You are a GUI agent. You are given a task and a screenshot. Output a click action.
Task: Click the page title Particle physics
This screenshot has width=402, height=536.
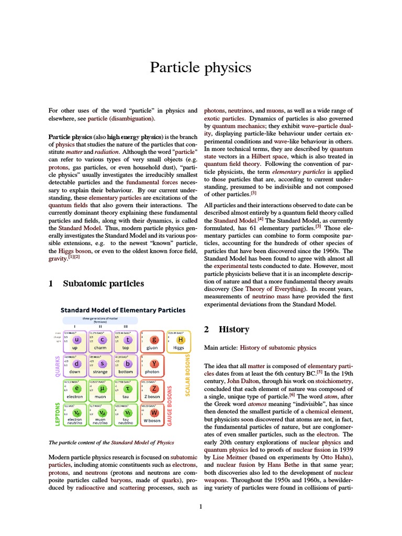click(200, 68)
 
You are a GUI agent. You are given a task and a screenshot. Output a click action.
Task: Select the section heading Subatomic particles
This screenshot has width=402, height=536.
click(103, 284)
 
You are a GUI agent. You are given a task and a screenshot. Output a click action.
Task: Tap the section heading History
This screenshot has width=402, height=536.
click(233, 329)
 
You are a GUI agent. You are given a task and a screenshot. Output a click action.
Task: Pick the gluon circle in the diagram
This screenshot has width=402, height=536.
click(154, 340)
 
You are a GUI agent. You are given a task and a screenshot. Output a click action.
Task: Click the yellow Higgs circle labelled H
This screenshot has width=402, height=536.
click(181, 340)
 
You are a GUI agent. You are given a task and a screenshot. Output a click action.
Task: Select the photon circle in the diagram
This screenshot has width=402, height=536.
click(154, 363)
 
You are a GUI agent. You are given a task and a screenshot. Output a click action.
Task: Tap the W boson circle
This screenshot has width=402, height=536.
click(154, 413)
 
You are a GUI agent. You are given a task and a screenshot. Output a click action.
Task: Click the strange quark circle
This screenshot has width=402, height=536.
click(102, 363)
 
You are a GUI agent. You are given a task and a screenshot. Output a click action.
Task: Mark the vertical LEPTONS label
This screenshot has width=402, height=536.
click(58, 406)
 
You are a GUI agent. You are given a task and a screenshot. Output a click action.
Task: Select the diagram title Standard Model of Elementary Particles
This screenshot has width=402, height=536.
click(124, 310)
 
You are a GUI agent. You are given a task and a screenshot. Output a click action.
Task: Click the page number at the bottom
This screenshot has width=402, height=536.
click(200, 506)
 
